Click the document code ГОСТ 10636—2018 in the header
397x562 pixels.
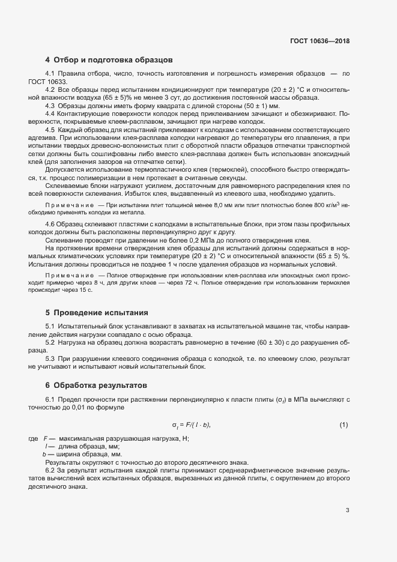tap(320, 41)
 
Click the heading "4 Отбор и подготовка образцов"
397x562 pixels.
tap(109, 60)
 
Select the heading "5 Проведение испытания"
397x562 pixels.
tap(97, 312)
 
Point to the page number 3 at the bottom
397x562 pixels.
tap(347, 510)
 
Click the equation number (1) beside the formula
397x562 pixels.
tap(344, 425)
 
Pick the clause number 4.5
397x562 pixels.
tap(50, 130)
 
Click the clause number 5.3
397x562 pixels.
tap(50, 358)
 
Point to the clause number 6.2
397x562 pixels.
tap(50, 471)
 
